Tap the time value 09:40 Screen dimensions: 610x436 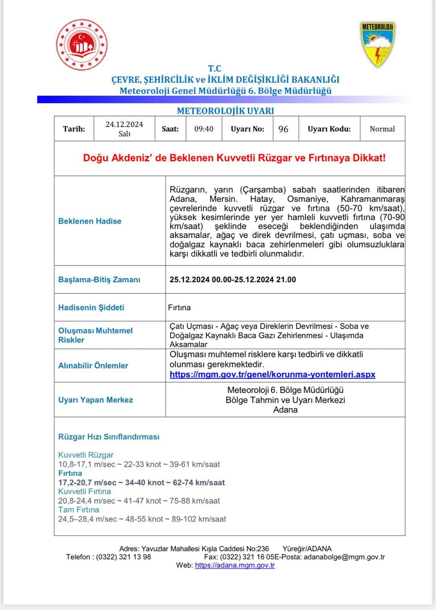point(204,129)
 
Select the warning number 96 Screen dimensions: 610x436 point(283,129)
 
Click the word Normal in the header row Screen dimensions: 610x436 point(382,129)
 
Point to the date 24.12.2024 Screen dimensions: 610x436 point(124,125)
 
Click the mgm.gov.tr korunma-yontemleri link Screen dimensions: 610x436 point(272,374)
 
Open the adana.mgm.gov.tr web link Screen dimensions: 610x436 point(235,565)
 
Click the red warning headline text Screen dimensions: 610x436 point(234,158)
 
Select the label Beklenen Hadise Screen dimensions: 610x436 point(90,221)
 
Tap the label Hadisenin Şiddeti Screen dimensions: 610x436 point(91,307)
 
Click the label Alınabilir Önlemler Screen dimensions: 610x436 point(93,366)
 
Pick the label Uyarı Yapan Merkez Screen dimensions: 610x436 point(95,400)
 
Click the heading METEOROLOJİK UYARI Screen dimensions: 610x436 point(225,111)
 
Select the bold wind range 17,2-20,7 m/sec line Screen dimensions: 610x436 point(141,483)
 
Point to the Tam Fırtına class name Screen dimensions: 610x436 point(79,510)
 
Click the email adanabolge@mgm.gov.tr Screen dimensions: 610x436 point(344,557)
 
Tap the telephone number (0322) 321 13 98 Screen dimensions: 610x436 point(123,557)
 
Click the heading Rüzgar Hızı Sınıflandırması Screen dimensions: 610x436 point(109,437)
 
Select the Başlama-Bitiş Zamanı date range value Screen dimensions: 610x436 point(233,279)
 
